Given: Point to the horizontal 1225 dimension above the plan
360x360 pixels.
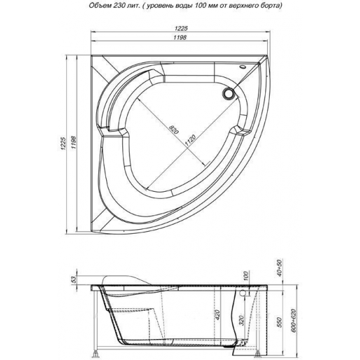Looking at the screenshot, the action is (x=181, y=28).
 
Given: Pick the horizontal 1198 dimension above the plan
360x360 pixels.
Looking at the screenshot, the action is (x=180, y=37).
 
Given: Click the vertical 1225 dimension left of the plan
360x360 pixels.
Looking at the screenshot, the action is (x=63, y=144).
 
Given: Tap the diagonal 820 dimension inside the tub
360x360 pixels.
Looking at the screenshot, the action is (x=173, y=130).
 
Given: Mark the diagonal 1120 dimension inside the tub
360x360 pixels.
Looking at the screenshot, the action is (x=190, y=141).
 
